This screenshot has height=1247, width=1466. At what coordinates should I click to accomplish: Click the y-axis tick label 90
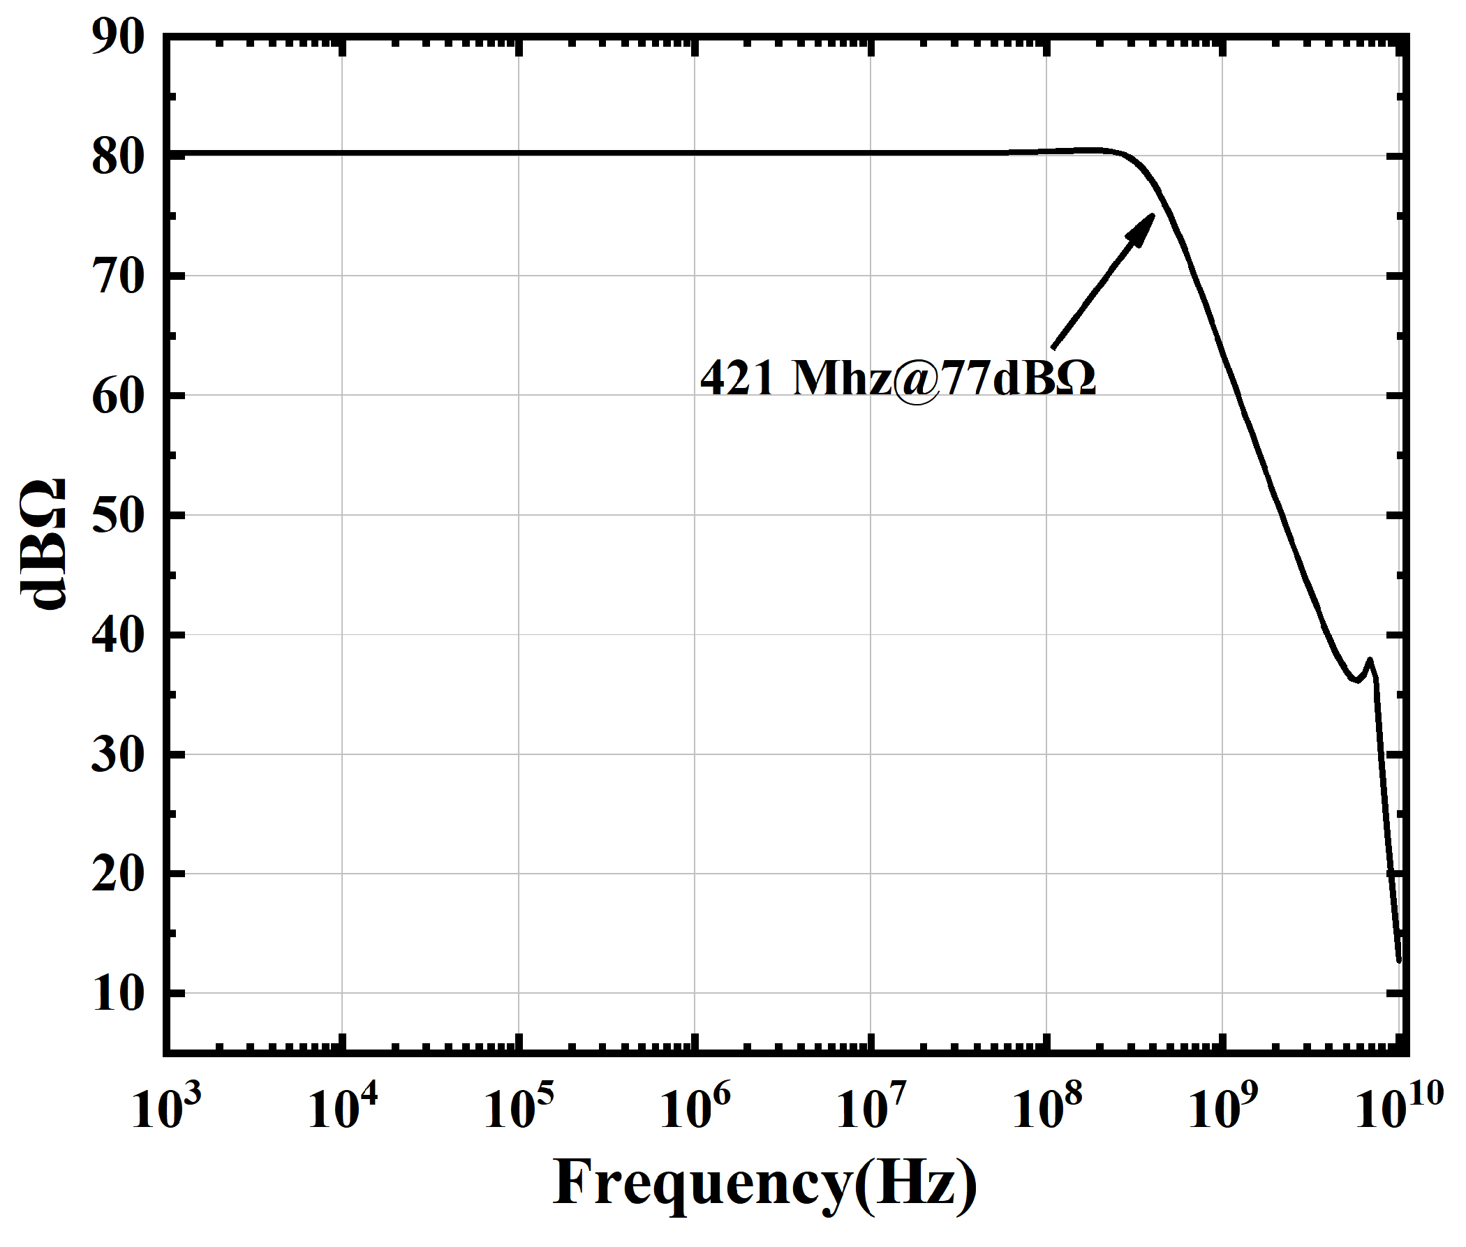(x=117, y=37)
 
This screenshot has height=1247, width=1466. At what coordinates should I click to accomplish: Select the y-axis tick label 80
(x=117, y=156)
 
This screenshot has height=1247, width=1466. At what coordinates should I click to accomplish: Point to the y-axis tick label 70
(x=117, y=276)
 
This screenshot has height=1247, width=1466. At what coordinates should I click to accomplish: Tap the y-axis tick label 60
(x=117, y=395)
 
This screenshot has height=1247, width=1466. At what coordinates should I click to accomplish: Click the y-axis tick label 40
(x=117, y=635)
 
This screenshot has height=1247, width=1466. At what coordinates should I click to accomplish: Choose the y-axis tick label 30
(x=117, y=754)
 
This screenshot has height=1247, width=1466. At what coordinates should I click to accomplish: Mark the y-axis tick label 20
(x=117, y=874)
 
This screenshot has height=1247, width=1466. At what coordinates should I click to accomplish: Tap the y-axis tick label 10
(x=117, y=993)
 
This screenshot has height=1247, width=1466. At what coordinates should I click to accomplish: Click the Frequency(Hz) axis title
(x=765, y=1183)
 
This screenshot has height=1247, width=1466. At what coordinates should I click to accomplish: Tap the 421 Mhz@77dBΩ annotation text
(x=898, y=378)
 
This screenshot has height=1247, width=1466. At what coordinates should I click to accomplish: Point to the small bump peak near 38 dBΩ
(x=1370, y=660)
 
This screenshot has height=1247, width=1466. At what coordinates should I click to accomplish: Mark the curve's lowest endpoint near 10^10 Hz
(x=1398, y=959)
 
